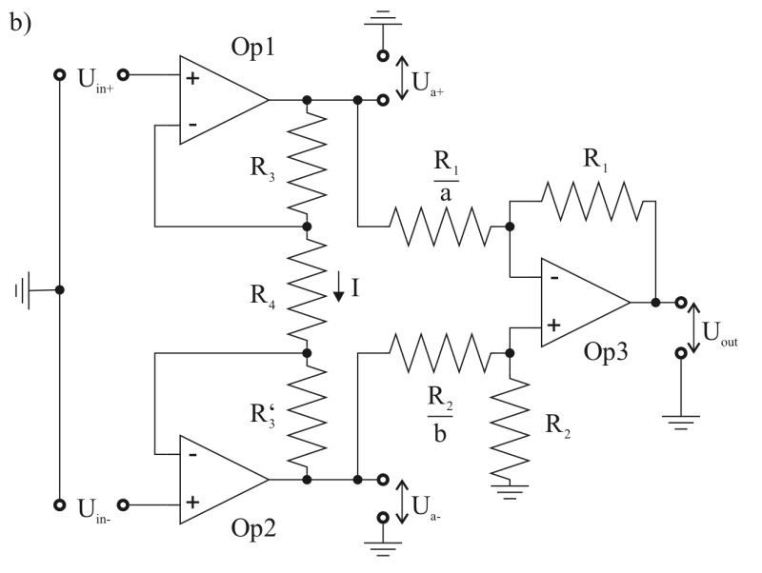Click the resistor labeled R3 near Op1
(307, 163)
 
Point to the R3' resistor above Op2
(307, 415)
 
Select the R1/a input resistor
(437, 227)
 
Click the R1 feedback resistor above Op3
(591, 201)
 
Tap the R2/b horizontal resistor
(438, 353)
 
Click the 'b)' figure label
(21, 22)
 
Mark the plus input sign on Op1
(192, 77)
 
